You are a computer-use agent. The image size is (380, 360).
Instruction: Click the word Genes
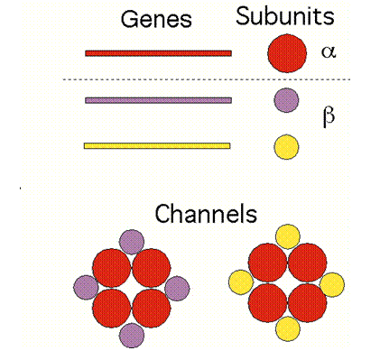coord(156,19)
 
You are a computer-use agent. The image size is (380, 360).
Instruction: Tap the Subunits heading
coord(285,16)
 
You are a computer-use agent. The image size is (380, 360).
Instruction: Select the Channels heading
coord(206,213)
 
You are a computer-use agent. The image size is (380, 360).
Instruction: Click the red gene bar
coord(158,53)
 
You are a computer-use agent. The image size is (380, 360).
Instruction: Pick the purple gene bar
coord(158,100)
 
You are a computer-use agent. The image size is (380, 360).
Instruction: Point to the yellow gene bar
coord(157,146)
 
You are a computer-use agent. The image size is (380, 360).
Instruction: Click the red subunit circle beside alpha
coord(287,53)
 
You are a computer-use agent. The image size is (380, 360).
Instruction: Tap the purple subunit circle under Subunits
coord(286,100)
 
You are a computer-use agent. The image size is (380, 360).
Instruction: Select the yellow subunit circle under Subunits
coord(286,147)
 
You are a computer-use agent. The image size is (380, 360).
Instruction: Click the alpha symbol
coord(329,51)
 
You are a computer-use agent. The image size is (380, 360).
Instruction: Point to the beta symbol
coord(329,116)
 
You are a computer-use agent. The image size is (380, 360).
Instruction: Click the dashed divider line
coord(207,79)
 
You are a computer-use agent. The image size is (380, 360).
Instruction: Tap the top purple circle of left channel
coord(132,242)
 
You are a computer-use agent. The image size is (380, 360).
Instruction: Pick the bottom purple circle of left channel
coord(132,336)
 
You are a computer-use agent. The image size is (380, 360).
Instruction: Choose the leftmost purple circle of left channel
coord(86,288)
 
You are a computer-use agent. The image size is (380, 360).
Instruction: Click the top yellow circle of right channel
coord(288,236)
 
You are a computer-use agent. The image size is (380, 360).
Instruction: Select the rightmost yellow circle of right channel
coord(332,284)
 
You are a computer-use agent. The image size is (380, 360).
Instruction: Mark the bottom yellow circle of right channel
coord(288,328)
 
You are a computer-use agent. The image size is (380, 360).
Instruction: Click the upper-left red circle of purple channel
coord(112,268)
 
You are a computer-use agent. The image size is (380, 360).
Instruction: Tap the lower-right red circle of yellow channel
coord(308,303)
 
